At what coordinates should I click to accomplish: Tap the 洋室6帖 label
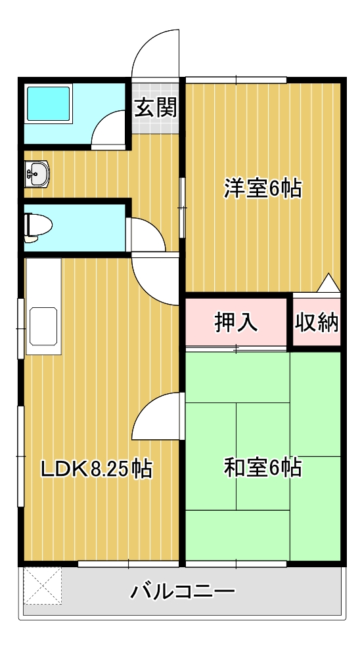point(263,188)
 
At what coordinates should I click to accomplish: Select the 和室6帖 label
point(263,467)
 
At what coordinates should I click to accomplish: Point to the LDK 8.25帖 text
point(97,469)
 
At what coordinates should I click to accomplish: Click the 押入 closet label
point(236,322)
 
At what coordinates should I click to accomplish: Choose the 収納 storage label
point(317,322)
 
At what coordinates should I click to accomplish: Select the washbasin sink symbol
point(36,174)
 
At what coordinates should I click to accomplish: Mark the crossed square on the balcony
point(43,586)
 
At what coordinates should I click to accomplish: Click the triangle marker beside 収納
point(328,283)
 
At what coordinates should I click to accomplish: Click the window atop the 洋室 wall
point(236,80)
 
